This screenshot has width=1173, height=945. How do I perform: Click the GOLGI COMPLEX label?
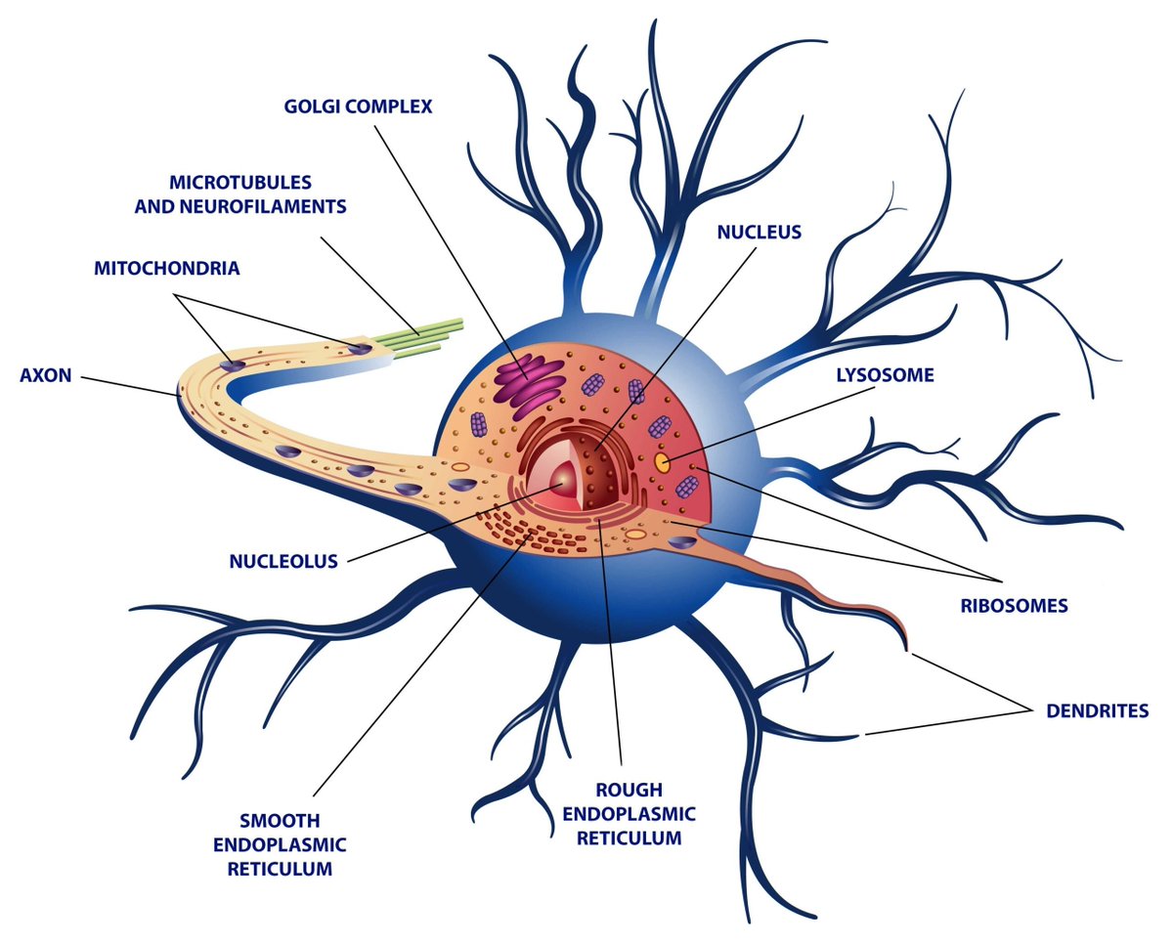[x=358, y=107]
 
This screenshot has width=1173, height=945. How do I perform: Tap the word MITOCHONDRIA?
[x=167, y=268]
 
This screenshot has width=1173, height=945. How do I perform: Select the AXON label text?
[x=46, y=375]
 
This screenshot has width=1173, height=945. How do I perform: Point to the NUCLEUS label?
[x=760, y=233]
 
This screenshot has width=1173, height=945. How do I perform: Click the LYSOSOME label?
[x=886, y=375]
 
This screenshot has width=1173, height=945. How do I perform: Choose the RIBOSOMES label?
[x=1014, y=606]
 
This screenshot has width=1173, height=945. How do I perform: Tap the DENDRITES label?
[x=1097, y=710]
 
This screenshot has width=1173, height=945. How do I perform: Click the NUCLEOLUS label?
[x=283, y=561]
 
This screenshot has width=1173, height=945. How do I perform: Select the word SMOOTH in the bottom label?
[x=280, y=820]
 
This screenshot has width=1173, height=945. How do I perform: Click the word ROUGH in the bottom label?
[x=629, y=790]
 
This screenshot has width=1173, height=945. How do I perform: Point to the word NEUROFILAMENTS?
[x=267, y=206]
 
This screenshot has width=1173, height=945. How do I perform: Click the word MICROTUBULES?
[x=240, y=182]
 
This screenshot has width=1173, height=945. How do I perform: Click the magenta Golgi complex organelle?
[x=528, y=385]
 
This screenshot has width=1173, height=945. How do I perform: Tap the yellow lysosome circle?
[x=662, y=462]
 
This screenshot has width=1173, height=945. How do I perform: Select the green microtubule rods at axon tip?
[x=417, y=338]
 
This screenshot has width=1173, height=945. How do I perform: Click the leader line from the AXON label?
[x=131, y=386]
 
